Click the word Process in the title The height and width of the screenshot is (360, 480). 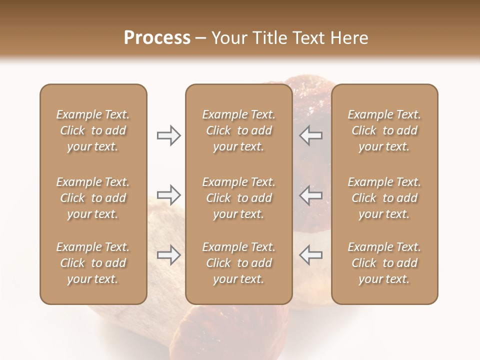point(157,38)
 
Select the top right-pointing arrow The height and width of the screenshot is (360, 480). point(168,135)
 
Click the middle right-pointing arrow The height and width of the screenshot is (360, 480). point(168,194)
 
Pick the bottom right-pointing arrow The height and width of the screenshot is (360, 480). point(168,255)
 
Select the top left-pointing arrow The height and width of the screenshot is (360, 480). point(311,135)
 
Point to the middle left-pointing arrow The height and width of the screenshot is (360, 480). point(311,194)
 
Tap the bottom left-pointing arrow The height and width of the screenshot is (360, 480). point(311,255)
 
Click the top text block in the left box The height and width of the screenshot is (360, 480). point(93,130)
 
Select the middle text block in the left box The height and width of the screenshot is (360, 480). point(93,198)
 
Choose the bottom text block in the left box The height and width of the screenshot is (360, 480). point(93,263)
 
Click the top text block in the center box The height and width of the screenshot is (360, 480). point(239,130)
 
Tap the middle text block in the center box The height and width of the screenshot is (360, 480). point(239,198)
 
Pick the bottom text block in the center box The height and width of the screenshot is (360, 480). point(239,263)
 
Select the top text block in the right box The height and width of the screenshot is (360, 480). point(384,130)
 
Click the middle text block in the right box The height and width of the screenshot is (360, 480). point(384,198)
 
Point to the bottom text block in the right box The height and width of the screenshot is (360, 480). point(384,263)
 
